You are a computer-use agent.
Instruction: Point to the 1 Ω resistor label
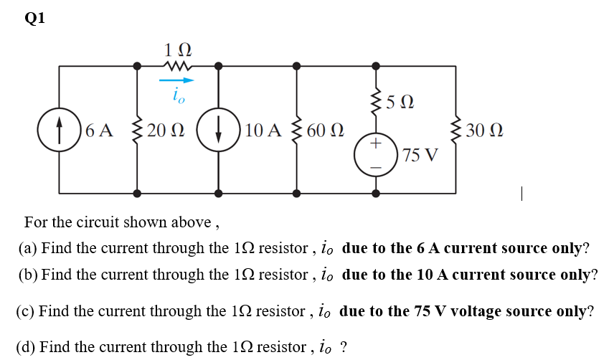(x=177, y=51)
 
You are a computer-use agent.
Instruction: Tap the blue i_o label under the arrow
(x=178, y=95)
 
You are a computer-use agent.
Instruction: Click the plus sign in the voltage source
(x=376, y=143)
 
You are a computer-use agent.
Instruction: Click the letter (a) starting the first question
(x=27, y=249)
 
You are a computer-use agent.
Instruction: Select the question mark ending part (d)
(x=344, y=348)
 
